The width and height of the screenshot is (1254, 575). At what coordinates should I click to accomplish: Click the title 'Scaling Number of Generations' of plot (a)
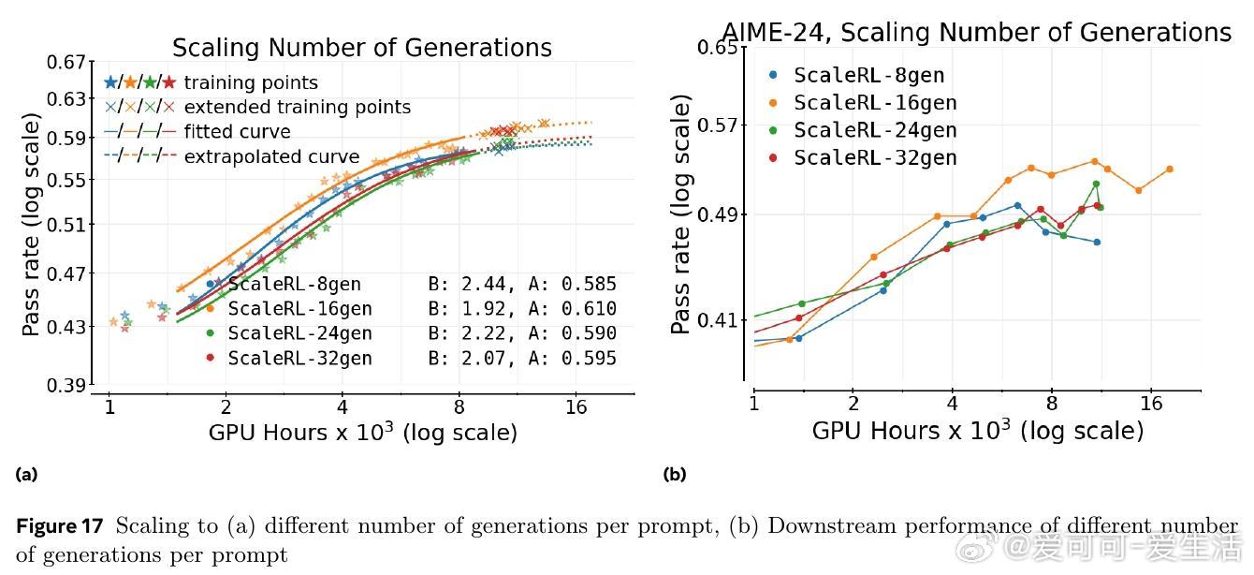(361, 48)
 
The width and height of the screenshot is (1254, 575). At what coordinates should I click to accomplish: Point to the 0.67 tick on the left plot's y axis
(66, 62)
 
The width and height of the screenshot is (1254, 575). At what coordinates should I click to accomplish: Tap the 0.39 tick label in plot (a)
(66, 385)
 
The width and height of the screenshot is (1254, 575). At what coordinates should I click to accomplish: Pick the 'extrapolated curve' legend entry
(271, 156)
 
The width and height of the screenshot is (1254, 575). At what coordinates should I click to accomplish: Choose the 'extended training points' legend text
(297, 107)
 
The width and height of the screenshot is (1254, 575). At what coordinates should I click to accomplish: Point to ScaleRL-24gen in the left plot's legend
(299, 333)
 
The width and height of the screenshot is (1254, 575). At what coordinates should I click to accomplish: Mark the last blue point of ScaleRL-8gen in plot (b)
(1097, 242)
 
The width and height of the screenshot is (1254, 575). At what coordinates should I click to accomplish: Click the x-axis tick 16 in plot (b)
(1151, 405)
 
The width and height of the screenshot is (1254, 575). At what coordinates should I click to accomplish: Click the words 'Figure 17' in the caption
(59, 526)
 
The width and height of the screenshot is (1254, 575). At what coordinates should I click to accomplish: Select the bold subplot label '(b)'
(674, 474)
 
